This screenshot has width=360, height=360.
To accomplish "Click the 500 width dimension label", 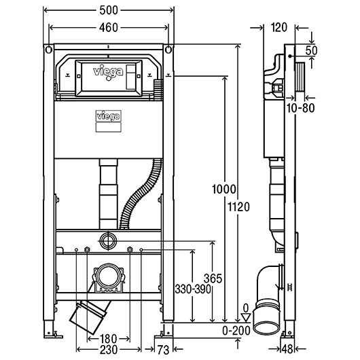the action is (x=109, y=10).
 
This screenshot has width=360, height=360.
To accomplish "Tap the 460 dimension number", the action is (x=109, y=28).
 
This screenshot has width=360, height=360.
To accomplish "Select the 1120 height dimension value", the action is (x=239, y=207).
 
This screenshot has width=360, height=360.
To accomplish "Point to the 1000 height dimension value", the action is (x=224, y=190).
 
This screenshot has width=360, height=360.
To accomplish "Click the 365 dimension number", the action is (x=213, y=278).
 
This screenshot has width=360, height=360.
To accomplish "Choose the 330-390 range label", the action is (x=193, y=289).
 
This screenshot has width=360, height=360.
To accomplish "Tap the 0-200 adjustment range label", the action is (x=236, y=331).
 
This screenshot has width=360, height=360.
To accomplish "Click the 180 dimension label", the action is (x=109, y=339).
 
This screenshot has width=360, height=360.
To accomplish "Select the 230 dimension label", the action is (x=109, y=350).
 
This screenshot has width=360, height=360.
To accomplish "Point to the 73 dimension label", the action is (x=163, y=350).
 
